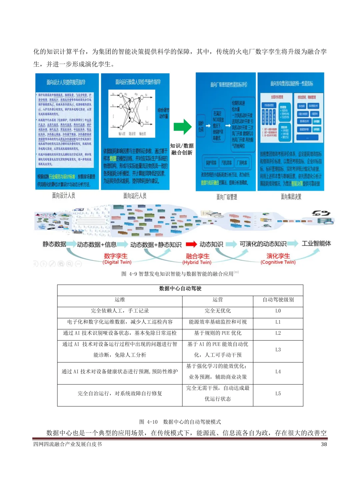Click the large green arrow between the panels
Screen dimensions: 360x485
[182, 127]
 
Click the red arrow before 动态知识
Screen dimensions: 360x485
[191, 244]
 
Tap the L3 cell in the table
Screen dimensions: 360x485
[278, 350]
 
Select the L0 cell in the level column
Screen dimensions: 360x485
[278, 311]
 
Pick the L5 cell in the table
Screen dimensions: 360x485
[278, 394]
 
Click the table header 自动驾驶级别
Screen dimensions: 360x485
[278, 300]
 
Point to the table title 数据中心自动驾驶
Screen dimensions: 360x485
[180, 289]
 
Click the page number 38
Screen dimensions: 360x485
[324, 444]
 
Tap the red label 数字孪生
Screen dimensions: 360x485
[116, 256]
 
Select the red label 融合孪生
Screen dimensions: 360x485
[198, 256]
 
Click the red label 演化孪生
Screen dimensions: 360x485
[278, 256]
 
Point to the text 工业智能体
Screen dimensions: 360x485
[316, 244]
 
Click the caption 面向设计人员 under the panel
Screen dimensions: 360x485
[63, 196]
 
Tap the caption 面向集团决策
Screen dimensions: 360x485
[291, 197]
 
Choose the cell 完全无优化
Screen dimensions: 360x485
[218, 311]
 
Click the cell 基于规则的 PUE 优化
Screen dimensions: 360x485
[218, 333]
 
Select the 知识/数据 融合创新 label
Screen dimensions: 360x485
[182, 149]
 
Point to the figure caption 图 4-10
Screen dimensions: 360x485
[180, 422]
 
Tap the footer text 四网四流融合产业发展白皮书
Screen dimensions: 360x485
[68, 444]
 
